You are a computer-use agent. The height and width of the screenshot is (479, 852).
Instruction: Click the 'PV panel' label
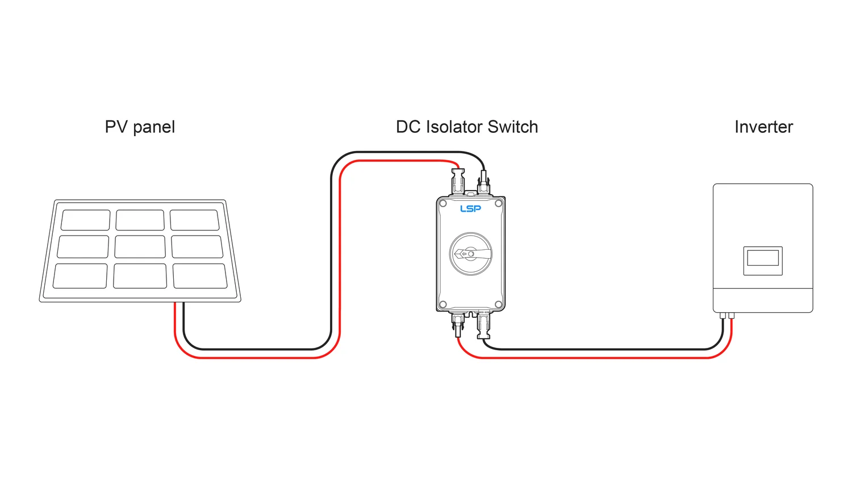(x=140, y=127)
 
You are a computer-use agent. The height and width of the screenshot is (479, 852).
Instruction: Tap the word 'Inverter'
(x=763, y=127)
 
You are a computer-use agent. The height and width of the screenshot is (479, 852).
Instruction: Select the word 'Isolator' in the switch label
(x=454, y=127)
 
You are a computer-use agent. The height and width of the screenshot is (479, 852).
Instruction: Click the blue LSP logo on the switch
(x=470, y=209)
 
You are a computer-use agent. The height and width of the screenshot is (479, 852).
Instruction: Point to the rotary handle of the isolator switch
(x=471, y=254)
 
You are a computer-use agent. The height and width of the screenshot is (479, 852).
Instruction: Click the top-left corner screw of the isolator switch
(x=443, y=203)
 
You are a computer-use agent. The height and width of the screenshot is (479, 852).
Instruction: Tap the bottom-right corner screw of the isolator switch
(x=498, y=305)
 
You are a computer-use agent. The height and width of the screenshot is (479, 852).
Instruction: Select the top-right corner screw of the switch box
(x=498, y=203)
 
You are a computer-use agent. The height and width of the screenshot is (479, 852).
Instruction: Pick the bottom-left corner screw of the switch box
(x=443, y=305)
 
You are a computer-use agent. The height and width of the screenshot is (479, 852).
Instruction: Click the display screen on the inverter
(x=763, y=259)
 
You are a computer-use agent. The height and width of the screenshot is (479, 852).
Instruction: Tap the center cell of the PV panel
(x=140, y=247)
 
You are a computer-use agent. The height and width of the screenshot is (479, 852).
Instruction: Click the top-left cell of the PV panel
(x=86, y=220)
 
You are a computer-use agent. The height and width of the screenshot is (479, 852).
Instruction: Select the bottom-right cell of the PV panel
(x=200, y=276)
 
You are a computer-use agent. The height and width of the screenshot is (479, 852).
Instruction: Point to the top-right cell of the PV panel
(x=194, y=220)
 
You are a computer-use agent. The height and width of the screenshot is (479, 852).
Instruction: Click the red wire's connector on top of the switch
(x=457, y=180)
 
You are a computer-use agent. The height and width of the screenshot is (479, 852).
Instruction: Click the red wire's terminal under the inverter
(x=731, y=316)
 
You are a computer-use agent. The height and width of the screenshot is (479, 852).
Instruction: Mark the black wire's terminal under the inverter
(x=722, y=316)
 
